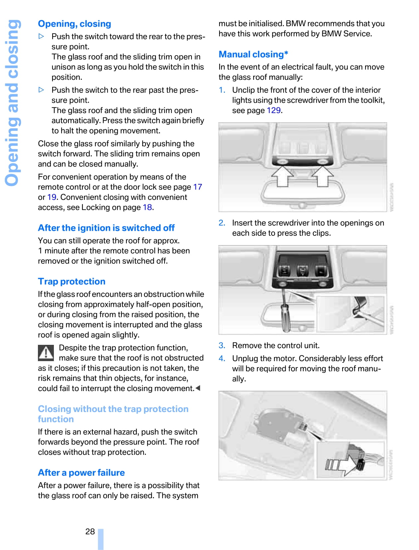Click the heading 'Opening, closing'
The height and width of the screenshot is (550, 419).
[x=74, y=24]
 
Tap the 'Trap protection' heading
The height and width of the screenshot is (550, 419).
[x=71, y=281]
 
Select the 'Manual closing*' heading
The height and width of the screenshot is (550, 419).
[x=253, y=54]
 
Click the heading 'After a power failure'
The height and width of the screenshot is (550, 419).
[x=81, y=473]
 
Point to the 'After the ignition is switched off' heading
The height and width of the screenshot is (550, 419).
[x=106, y=228]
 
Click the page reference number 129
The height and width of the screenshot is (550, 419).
[x=274, y=110]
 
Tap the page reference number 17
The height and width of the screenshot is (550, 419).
[x=198, y=187]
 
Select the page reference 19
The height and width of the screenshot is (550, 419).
[x=52, y=197]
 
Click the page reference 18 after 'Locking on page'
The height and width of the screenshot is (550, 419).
[x=147, y=207]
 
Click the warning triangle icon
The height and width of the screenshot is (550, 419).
[x=46, y=353]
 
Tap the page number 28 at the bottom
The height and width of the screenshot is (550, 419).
[x=90, y=531]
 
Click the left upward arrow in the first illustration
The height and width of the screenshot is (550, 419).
[x=282, y=176]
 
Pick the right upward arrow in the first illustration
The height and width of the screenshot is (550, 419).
[x=322, y=176]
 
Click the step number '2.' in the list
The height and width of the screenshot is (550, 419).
[x=222, y=223]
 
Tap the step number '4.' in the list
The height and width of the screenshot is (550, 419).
[x=222, y=358]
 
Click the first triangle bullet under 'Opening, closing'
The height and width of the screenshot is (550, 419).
[x=41, y=36]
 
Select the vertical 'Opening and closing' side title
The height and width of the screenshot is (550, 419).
[x=13, y=103]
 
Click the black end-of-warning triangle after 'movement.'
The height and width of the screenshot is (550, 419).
[x=198, y=388]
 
